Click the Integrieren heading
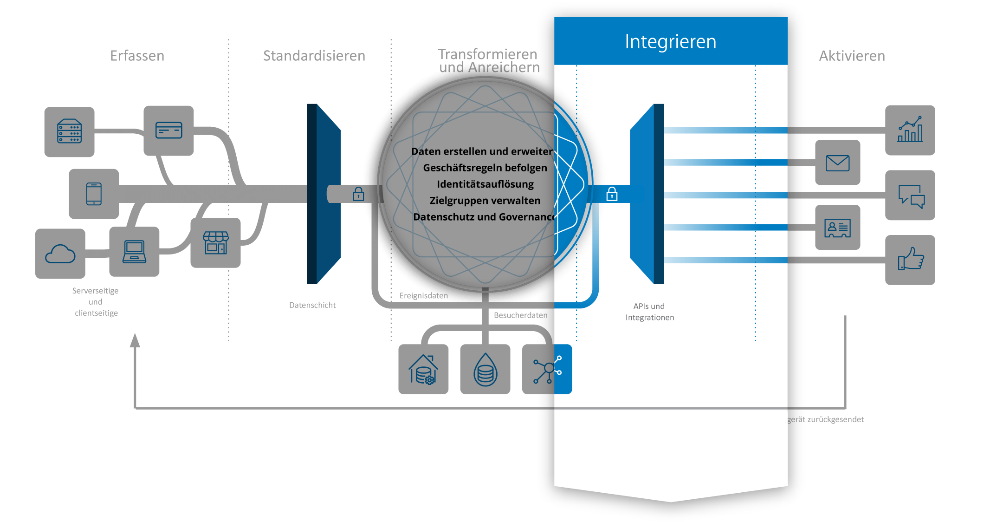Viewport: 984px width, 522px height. (x=670, y=42)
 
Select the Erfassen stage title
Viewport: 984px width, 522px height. (x=137, y=56)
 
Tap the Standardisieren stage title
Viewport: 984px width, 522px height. (x=314, y=56)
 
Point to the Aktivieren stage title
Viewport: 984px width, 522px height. (x=852, y=56)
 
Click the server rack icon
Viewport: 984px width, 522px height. (x=69, y=131)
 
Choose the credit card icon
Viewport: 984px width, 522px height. (x=168, y=130)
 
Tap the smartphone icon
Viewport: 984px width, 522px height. (x=94, y=194)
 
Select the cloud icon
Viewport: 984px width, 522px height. (x=60, y=254)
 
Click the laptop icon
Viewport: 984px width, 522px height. (x=134, y=252)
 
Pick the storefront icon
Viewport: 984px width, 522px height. (x=216, y=243)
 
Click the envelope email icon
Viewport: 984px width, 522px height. (x=837, y=163)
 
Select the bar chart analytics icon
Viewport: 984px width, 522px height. (x=910, y=130)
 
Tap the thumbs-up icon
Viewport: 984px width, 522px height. (x=910, y=259)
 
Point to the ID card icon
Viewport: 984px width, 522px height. (x=837, y=228)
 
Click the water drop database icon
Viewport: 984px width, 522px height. (x=485, y=370)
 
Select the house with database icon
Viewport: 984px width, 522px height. (x=423, y=370)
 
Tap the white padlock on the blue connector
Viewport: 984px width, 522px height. (x=612, y=194)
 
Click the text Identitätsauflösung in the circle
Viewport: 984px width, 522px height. (x=485, y=184)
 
